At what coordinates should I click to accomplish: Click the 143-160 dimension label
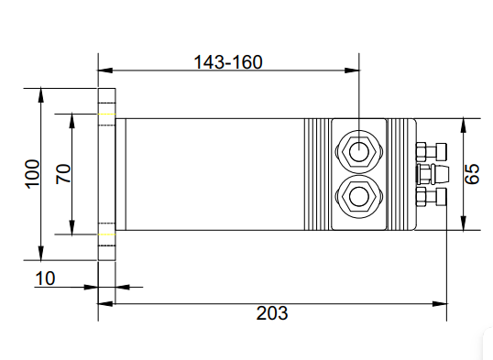point(228,62)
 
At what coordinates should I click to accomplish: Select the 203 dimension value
point(272,313)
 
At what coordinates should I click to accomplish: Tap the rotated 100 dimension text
point(32,174)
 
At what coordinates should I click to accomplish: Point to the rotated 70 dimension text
point(63,174)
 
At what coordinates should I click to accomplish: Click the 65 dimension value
point(472,174)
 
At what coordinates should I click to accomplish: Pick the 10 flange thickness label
point(45,278)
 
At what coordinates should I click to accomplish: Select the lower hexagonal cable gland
point(359,197)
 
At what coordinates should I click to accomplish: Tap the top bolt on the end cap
point(432,152)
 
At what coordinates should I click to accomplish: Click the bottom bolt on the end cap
point(432,197)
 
